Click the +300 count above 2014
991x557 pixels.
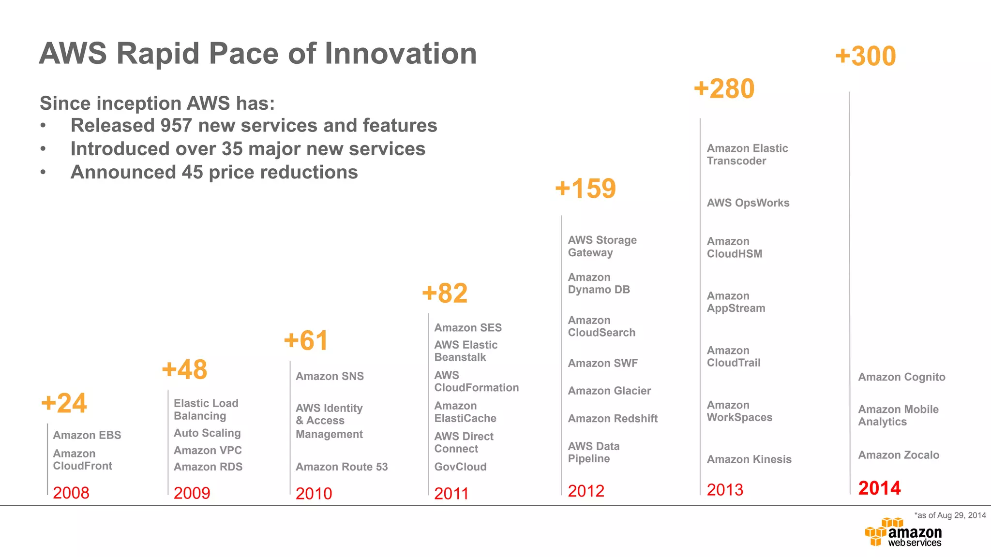click(x=866, y=56)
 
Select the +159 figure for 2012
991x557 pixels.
click(x=586, y=188)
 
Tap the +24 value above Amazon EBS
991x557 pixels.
click(x=64, y=403)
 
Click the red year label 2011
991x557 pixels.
click(x=451, y=493)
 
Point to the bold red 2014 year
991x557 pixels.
click(x=879, y=488)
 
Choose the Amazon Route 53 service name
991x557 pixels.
click(x=342, y=467)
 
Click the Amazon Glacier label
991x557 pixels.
click(x=609, y=391)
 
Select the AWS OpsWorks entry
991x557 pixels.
click(x=748, y=203)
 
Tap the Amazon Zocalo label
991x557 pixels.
click(x=899, y=455)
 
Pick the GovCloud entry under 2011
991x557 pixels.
click(x=460, y=467)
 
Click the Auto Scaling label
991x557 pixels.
click(x=207, y=433)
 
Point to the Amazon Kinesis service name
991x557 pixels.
click(x=749, y=459)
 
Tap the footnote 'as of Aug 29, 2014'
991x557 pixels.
click(x=950, y=515)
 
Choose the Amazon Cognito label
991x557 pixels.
click(x=901, y=377)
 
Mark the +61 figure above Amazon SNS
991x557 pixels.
click(x=306, y=340)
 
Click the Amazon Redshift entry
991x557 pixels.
click(x=613, y=419)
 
